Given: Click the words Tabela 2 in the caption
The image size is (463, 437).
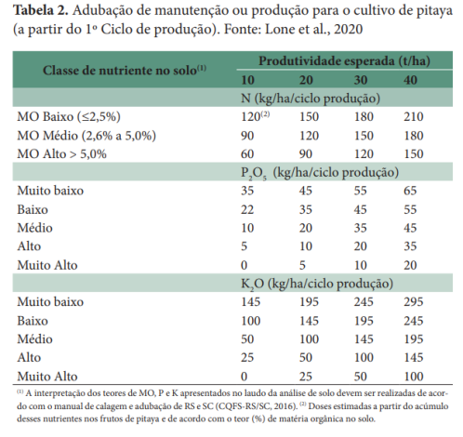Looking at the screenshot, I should (x=38, y=10).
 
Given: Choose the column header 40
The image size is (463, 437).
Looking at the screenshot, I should (x=411, y=81).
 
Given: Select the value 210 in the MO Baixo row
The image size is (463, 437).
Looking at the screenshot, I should (x=412, y=116).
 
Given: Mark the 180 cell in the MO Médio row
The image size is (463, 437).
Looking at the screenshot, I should (x=412, y=135).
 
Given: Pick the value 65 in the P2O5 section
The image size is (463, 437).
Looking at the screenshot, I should (x=412, y=191).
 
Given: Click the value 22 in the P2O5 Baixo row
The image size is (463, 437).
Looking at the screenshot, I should (x=246, y=209).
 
